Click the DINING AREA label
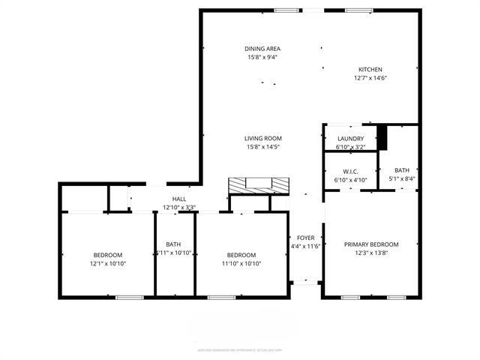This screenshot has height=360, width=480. pyautogui.click(x=262, y=49)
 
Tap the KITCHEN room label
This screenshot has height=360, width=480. pyautogui.click(x=370, y=69)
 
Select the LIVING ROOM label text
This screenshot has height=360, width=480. pyautogui.click(x=262, y=138)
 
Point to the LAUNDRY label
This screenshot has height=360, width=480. pyautogui.click(x=350, y=139)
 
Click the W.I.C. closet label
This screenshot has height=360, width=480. pyautogui.click(x=350, y=171)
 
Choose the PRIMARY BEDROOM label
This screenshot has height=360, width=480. pyautogui.click(x=370, y=244)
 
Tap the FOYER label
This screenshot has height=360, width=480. pyautogui.click(x=304, y=237)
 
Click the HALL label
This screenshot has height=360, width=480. pyautogui.click(x=179, y=199)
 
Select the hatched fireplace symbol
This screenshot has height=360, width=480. pyautogui.click(x=257, y=185)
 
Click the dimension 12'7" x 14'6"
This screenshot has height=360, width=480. pyautogui.click(x=370, y=78)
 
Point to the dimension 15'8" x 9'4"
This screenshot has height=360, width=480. pyautogui.click(x=262, y=58)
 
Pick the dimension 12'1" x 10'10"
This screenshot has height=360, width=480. pyautogui.click(x=107, y=264)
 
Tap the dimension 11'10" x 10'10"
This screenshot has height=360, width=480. pyautogui.click(x=241, y=264)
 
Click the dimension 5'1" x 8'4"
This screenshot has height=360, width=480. pyautogui.click(x=402, y=179)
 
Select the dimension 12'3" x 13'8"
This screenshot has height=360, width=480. pyautogui.click(x=370, y=253)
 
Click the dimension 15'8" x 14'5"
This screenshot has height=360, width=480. pyautogui.click(x=262, y=147)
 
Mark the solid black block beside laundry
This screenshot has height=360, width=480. pyautogui.click(x=382, y=137)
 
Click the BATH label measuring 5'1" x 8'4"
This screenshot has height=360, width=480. pyautogui.click(x=402, y=170)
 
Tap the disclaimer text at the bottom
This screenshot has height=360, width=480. pyautogui.click(x=239, y=349)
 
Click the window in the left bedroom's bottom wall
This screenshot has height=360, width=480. pyautogui.click(x=129, y=298)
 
